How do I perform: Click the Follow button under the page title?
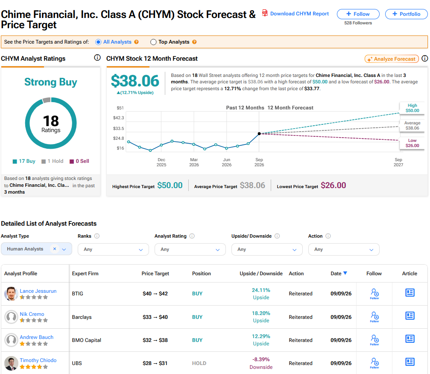[x=358, y=14]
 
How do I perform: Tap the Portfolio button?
[x=406, y=14]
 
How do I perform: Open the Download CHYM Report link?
[x=299, y=14]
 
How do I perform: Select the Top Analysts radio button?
[x=153, y=42]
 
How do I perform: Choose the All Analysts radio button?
[x=98, y=42]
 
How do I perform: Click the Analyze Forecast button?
[x=392, y=59]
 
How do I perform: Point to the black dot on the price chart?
[x=259, y=134]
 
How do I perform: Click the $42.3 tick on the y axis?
[x=118, y=118]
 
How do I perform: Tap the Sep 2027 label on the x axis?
[x=398, y=162]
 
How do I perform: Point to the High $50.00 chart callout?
[x=412, y=108]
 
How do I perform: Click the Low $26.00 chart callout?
[x=412, y=143]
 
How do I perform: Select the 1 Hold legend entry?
[x=53, y=161]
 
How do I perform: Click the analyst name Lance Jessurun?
[x=38, y=291]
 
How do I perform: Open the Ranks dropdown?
[x=113, y=249]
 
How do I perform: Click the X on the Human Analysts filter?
[x=55, y=249]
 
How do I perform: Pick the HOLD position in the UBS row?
[x=199, y=363]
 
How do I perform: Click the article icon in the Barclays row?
[x=410, y=316]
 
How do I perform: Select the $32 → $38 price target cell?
[x=155, y=340]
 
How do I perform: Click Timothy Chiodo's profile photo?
[x=11, y=363]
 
